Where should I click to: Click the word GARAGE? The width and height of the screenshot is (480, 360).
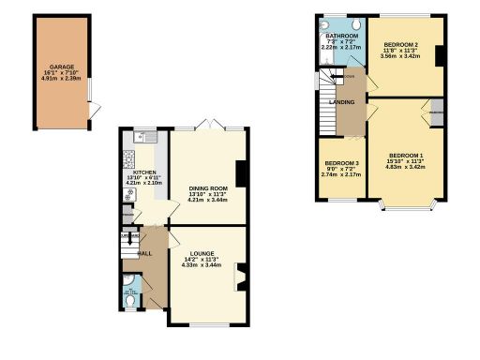point(64,67)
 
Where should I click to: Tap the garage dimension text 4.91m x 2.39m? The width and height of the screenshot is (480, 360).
point(64,80)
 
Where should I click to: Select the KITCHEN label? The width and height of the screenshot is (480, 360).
point(144,172)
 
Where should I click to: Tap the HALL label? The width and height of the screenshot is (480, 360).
point(145,253)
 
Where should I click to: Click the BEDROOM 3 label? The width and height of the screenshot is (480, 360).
point(341,163)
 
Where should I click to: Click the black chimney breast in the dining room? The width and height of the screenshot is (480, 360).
point(241,174)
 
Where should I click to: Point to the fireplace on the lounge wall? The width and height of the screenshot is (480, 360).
point(242,276)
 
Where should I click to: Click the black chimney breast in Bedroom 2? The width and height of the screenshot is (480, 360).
point(438,54)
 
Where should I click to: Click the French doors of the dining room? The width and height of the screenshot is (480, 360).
point(212,127)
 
